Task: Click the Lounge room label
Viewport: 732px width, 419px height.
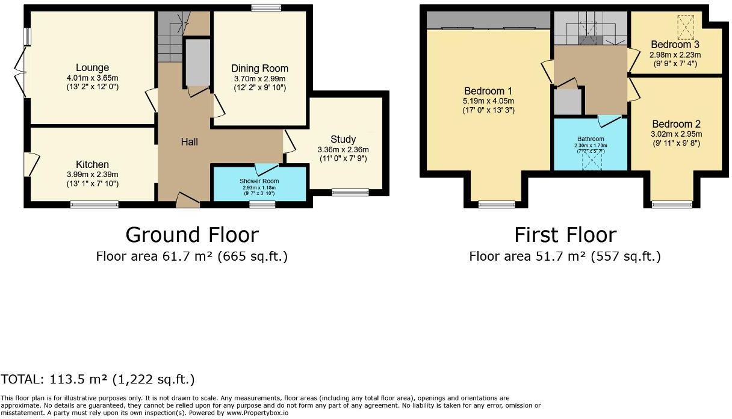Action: [x=92, y=67]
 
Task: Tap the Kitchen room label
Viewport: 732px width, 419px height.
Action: [x=92, y=164]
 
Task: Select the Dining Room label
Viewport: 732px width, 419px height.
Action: [x=259, y=68]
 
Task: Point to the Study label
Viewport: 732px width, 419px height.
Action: [x=343, y=140]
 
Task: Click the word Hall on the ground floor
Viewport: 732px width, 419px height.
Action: [x=190, y=142]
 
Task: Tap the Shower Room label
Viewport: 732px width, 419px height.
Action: [x=259, y=181]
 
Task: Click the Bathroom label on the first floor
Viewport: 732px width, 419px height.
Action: [x=590, y=140]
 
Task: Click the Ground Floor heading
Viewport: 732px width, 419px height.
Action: [x=192, y=234]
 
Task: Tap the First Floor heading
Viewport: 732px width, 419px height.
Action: [x=565, y=234]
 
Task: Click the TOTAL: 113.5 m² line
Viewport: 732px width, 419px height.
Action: [x=98, y=379]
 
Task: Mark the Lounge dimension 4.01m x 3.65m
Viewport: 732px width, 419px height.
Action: [x=92, y=78]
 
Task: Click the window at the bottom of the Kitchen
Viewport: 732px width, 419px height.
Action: [x=94, y=205]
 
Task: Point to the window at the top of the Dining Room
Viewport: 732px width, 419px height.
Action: [x=262, y=7]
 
